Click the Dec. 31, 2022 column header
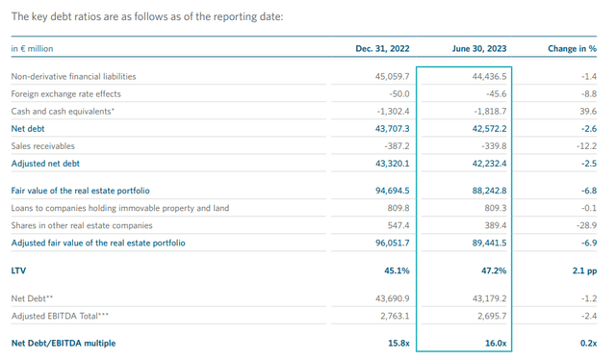pyautogui.click(x=384, y=48)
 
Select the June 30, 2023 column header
pyautogui.click(x=480, y=48)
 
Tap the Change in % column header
pyautogui.click(x=574, y=48)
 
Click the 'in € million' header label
pyautogui.click(x=33, y=48)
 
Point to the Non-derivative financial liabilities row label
pyautogui.click(x=73, y=76)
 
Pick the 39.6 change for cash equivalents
pyautogui.click(x=587, y=111)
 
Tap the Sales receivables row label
pyautogui.click(x=42, y=145)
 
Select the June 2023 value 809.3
pyautogui.click(x=491, y=208)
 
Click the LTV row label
pyautogui.click(x=18, y=270)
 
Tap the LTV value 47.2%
pyautogui.click(x=492, y=270)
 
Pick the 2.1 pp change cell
pyautogui.click(x=583, y=270)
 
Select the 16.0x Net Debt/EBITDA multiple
pyautogui.click(x=493, y=342)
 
